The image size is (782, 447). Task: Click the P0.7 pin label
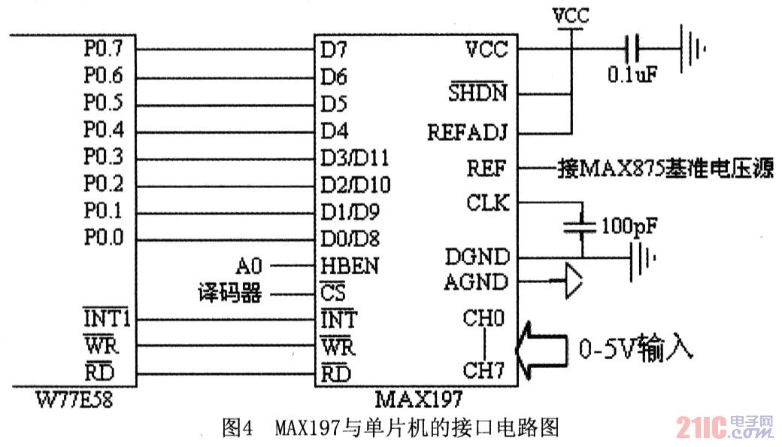(x=103, y=50)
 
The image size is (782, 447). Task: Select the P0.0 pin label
(x=103, y=239)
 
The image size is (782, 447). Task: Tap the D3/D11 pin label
(x=354, y=158)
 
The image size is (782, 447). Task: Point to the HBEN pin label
(x=350, y=266)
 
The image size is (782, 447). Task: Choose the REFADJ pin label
(x=468, y=132)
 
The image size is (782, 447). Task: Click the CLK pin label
(x=488, y=203)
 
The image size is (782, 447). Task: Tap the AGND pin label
(x=476, y=283)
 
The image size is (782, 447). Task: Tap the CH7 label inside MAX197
(x=483, y=371)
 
